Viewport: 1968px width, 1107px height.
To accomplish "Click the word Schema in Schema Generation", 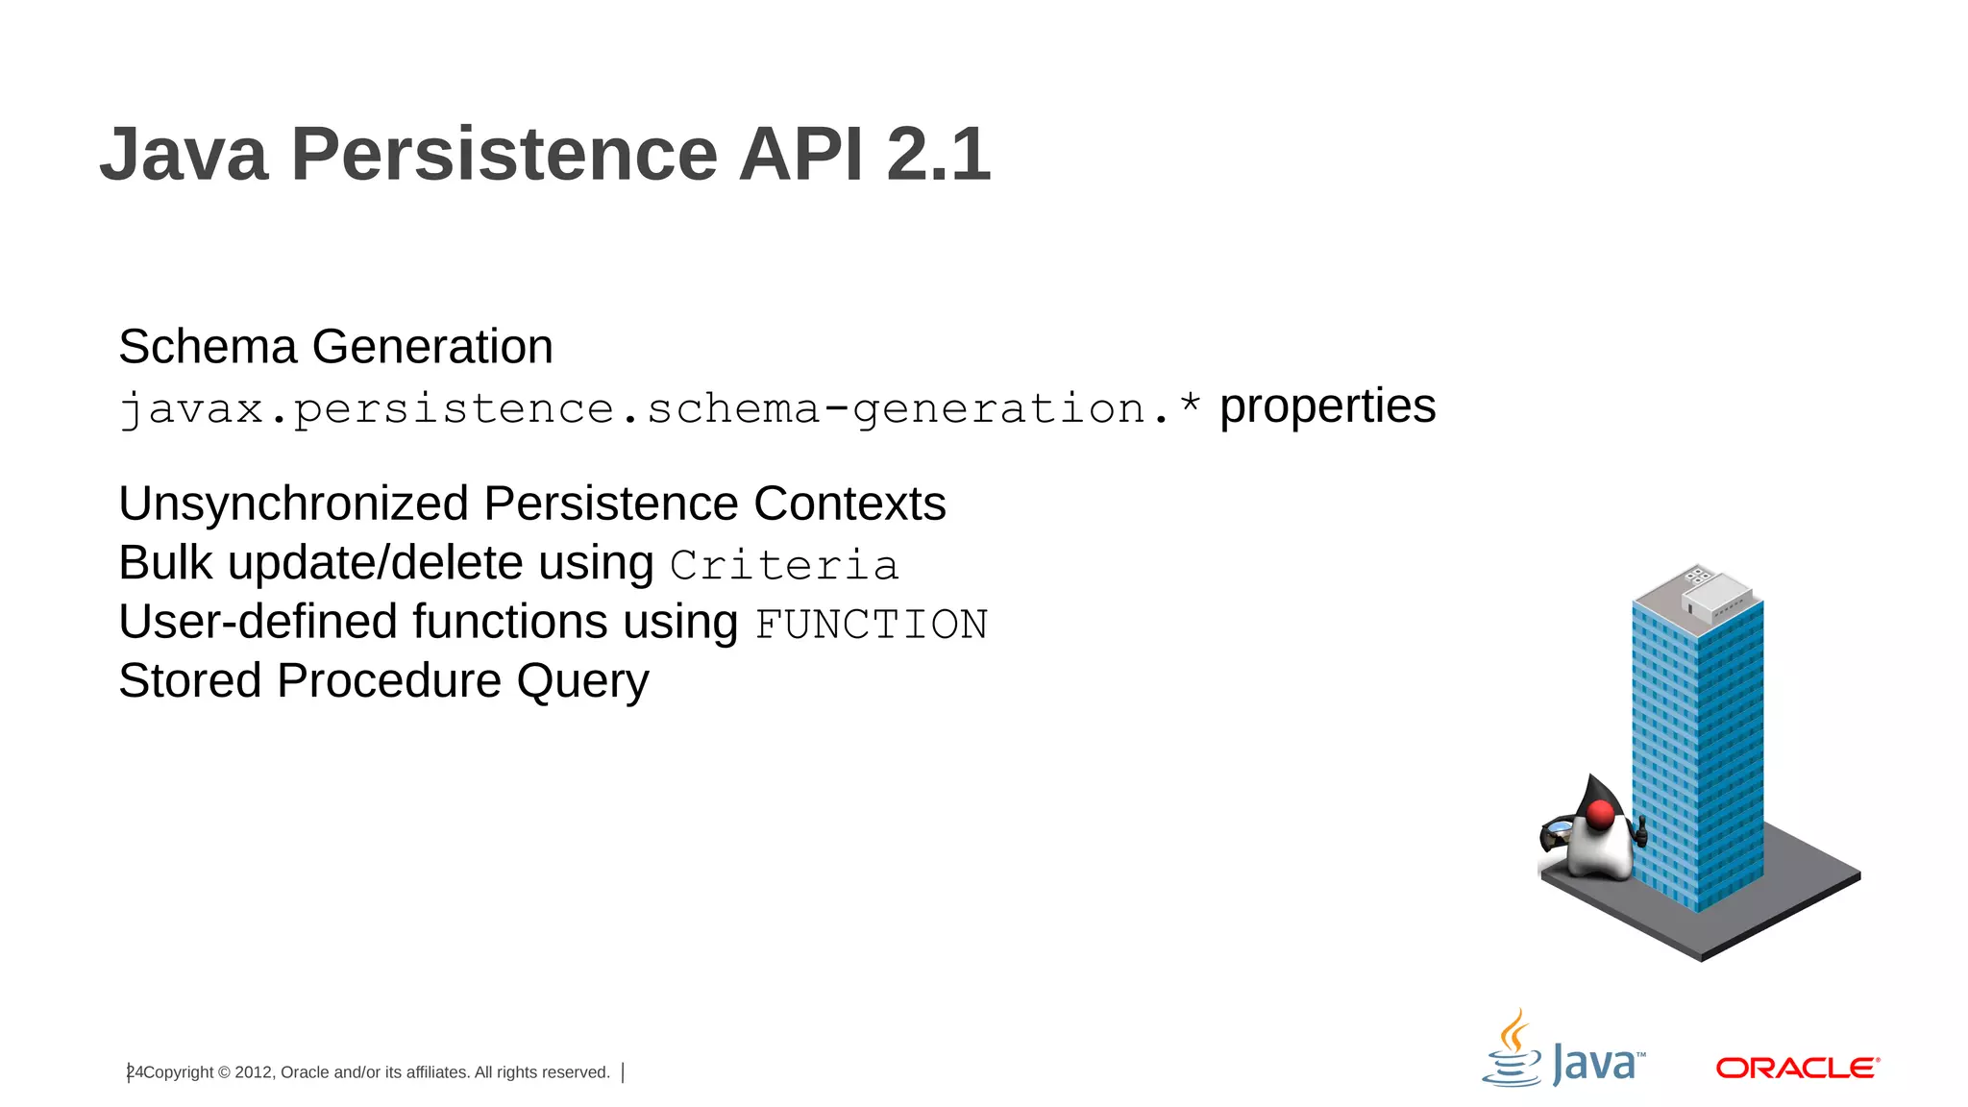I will point(208,347).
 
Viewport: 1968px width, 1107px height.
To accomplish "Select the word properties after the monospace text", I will point(1327,406).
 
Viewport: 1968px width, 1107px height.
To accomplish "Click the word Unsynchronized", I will point(293,504).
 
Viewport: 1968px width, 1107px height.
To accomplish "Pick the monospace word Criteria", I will point(784,565).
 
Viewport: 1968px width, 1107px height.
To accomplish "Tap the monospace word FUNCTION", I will point(871,625).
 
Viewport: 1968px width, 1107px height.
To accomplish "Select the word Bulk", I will point(165,563).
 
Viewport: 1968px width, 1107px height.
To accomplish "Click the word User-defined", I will point(258,622).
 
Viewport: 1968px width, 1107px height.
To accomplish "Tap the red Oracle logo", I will point(1797,1068).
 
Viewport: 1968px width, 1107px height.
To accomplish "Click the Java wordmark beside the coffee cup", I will point(1597,1065).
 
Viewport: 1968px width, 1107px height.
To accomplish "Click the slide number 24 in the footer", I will point(135,1072).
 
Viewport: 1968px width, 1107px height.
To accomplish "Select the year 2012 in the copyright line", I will point(254,1072).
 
